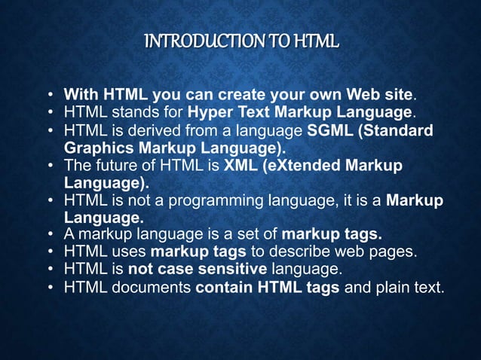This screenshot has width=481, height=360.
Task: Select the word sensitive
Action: [x=229, y=268]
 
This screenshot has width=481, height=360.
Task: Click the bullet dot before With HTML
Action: [x=51, y=96]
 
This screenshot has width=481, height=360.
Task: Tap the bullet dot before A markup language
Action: [x=51, y=233]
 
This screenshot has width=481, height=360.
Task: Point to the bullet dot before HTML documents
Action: [x=51, y=287]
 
